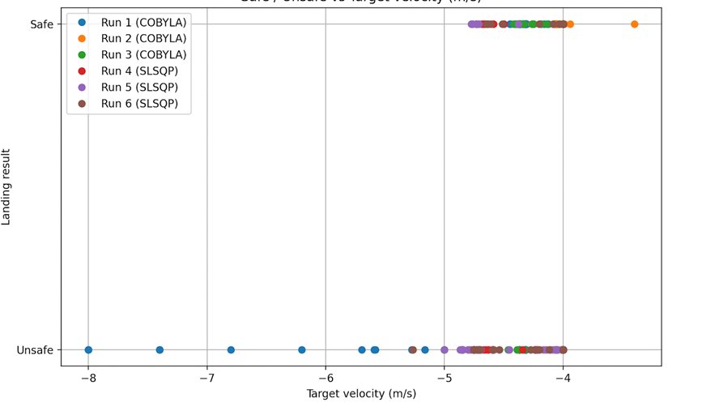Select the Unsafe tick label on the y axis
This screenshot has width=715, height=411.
[x=35, y=350]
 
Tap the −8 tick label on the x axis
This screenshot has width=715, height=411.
[x=87, y=379]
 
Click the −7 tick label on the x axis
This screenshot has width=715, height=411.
[x=206, y=379]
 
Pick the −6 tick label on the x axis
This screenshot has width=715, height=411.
[x=326, y=379]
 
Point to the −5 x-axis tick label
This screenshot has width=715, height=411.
[x=444, y=379]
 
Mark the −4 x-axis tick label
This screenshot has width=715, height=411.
[x=563, y=379]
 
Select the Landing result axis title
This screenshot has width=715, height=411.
[x=7, y=186]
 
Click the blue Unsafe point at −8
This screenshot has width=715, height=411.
[x=88, y=350]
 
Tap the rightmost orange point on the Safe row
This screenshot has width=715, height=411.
[x=634, y=24]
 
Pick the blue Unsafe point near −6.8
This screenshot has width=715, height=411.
[x=231, y=350]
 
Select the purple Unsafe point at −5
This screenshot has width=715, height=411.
[x=445, y=350]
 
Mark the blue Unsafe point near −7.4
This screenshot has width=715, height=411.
[x=160, y=350]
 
